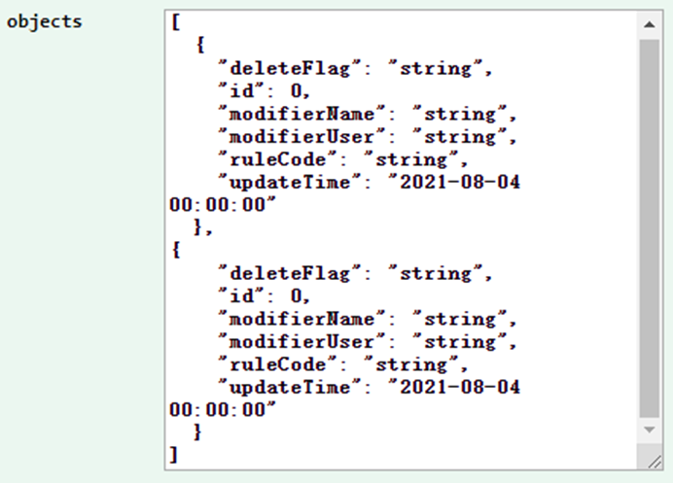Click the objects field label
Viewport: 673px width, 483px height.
coord(45,21)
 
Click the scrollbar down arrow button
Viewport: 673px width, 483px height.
coord(649,430)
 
